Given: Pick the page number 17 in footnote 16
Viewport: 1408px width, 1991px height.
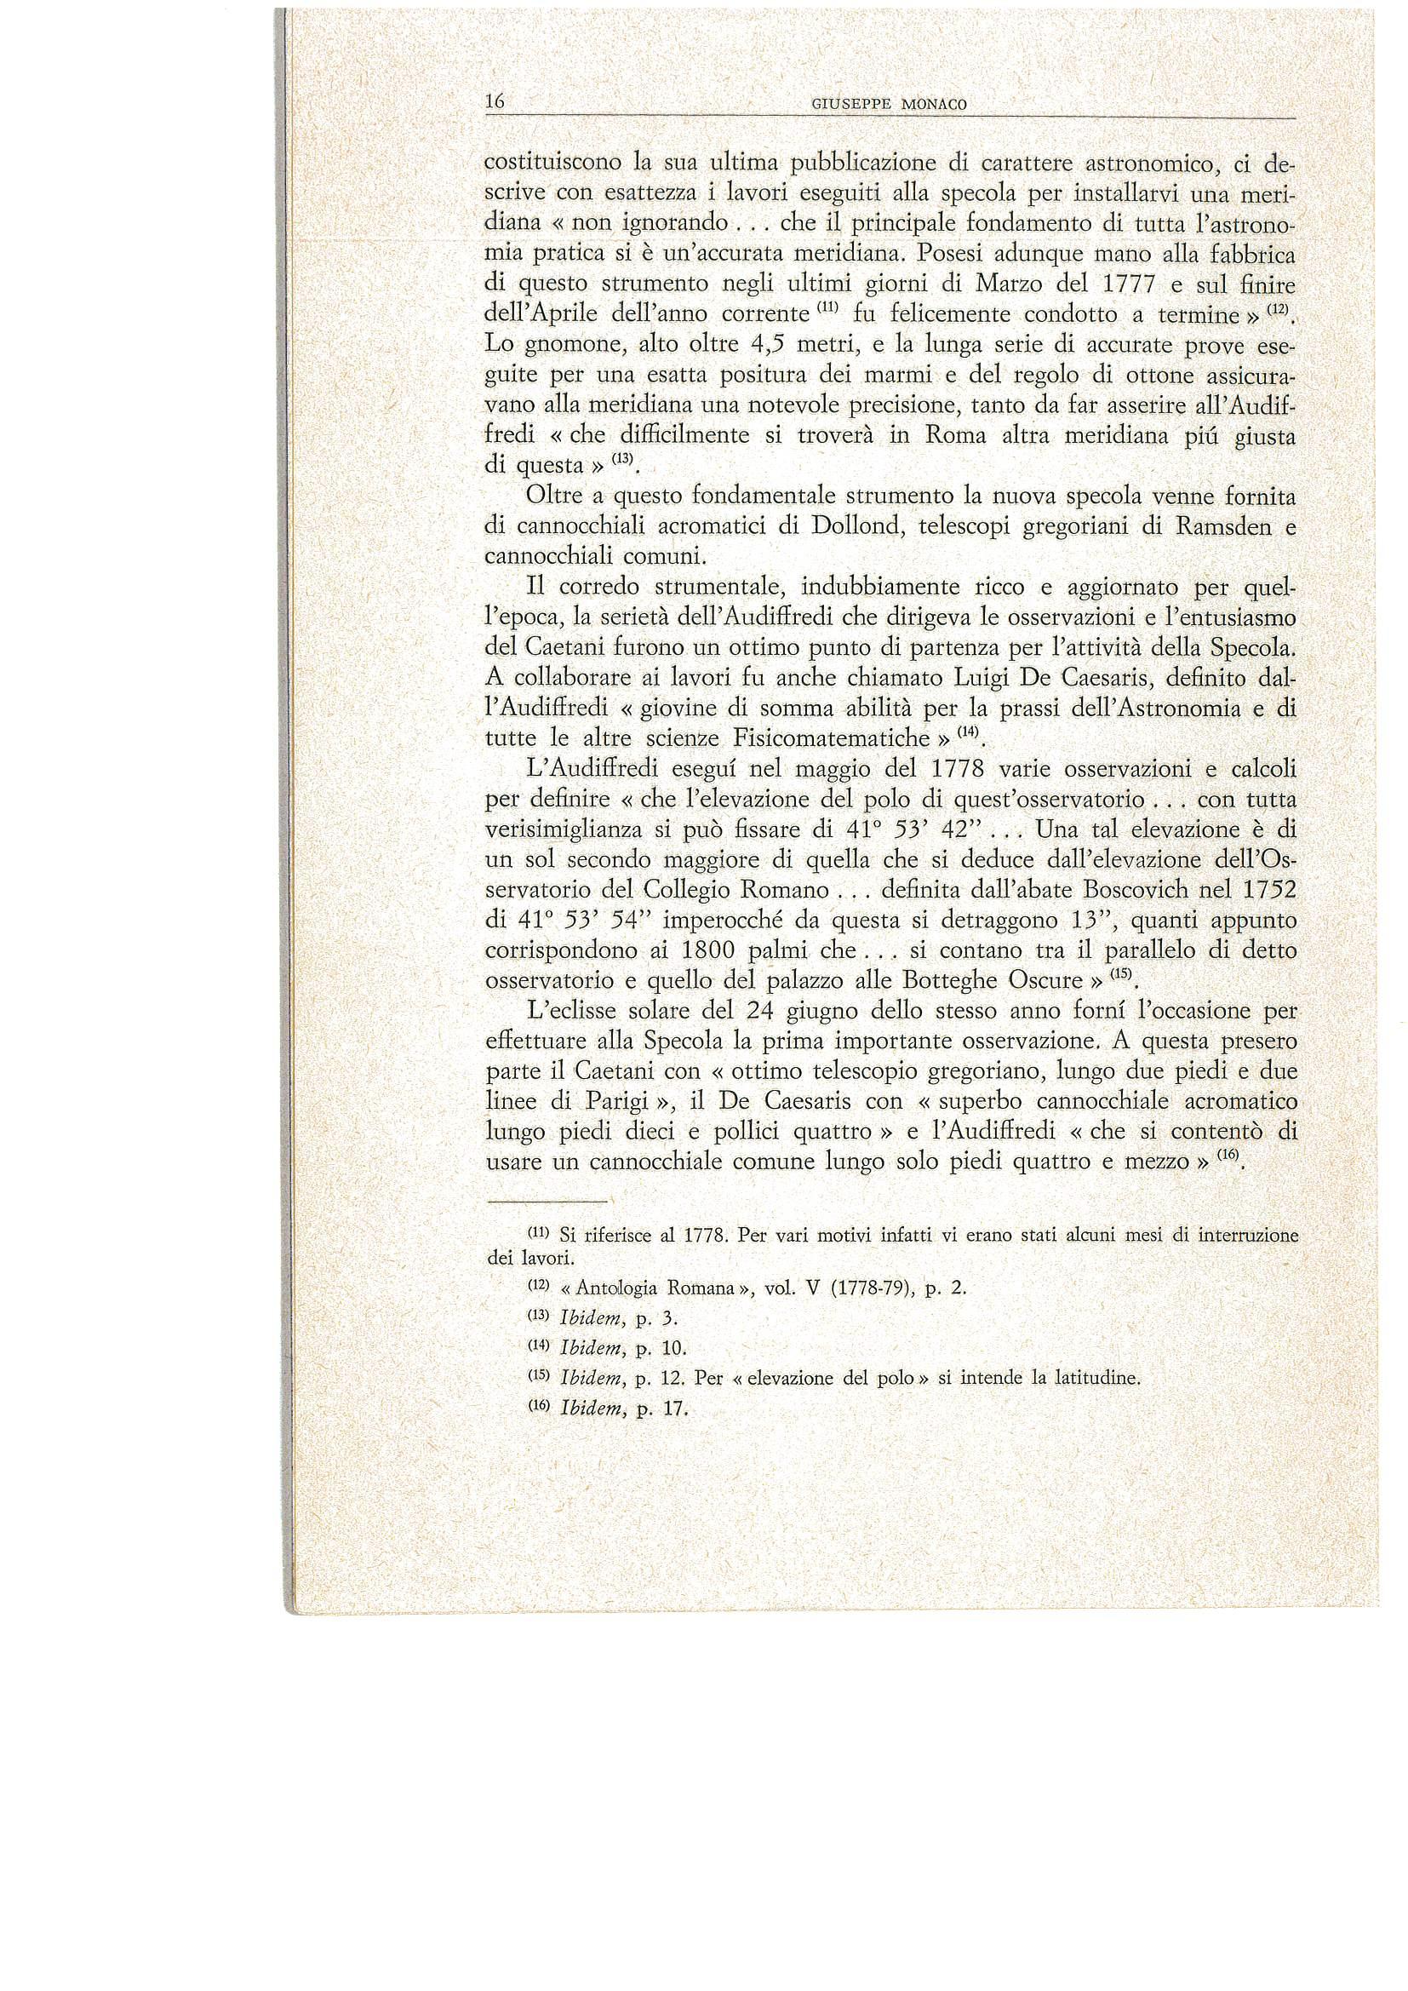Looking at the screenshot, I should pyautogui.click(x=673, y=1409).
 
